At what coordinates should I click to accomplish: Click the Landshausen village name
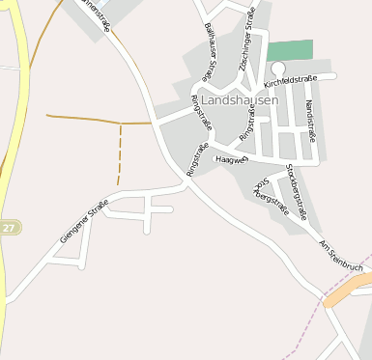coord(240,99)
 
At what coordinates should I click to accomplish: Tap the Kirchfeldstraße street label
coord(289,84)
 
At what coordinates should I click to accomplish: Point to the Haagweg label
coord(233,159)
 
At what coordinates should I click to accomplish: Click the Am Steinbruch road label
coord(341,252)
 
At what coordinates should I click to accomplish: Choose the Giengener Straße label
coord(83,221)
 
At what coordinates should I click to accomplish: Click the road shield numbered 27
coord(9,228)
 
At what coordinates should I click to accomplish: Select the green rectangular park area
coord(290,50)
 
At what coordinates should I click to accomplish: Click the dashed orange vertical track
coord(119,154)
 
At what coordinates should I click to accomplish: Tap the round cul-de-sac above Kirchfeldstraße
coord(277,67)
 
